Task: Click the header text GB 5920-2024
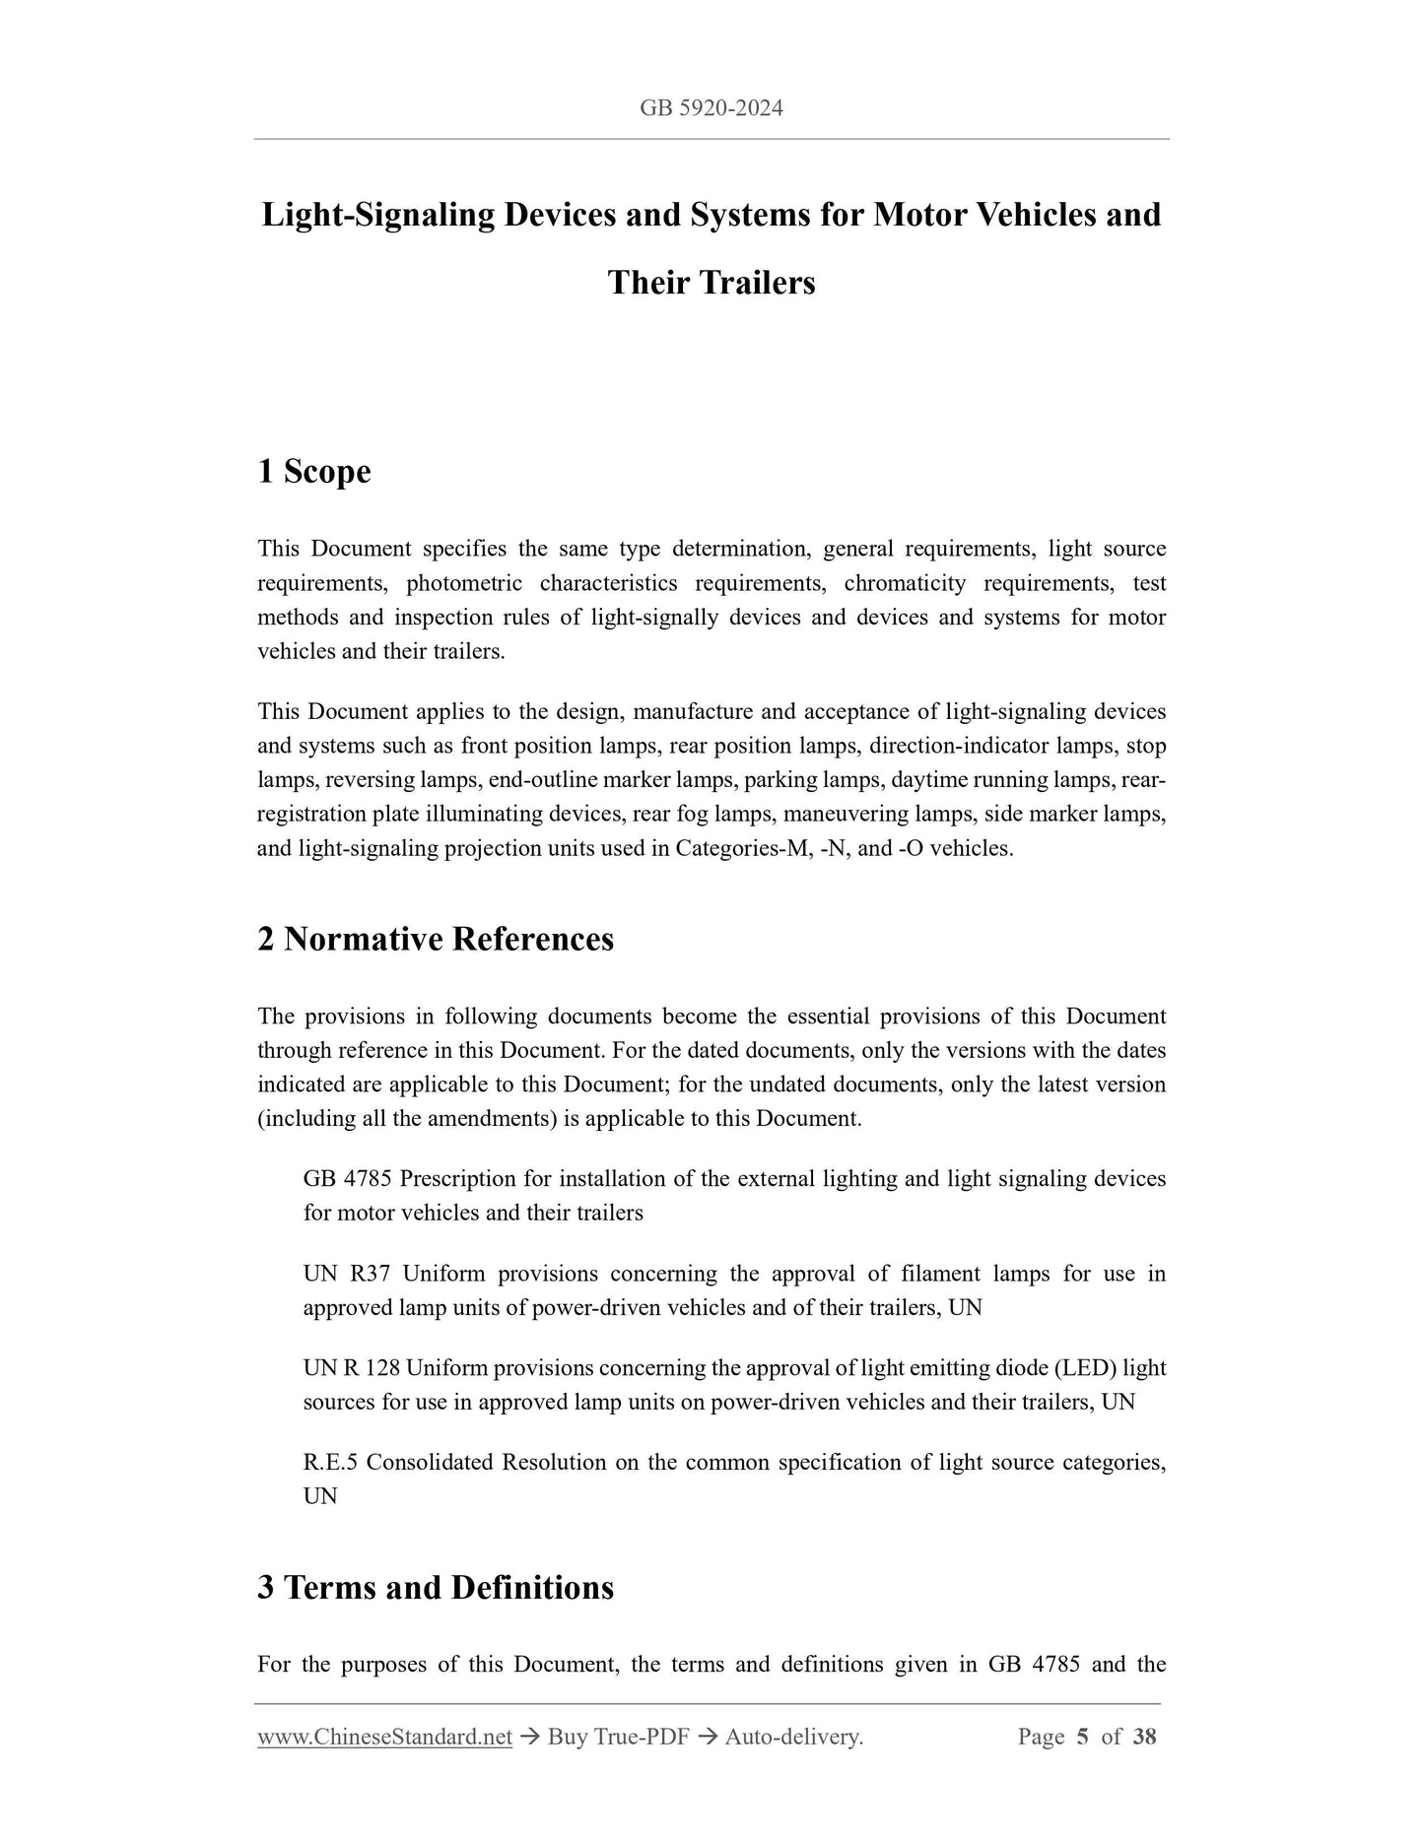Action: pos(711,108)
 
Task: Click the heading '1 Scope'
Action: pos(313,471)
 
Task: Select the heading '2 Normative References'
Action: pos(435,939)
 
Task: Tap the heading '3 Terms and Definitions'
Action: pos(435,1587)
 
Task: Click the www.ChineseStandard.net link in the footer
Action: pos(384,1737)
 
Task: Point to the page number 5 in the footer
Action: pos(1082,1737)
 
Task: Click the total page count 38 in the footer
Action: pos(1144,1737)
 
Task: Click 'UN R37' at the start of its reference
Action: pos(347,1274)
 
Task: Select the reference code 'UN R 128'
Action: pos(352,1368)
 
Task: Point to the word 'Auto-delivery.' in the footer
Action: pos(793,1737)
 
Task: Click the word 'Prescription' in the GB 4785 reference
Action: pos(458,1179)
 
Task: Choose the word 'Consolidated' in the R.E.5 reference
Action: pos(428,1463)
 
